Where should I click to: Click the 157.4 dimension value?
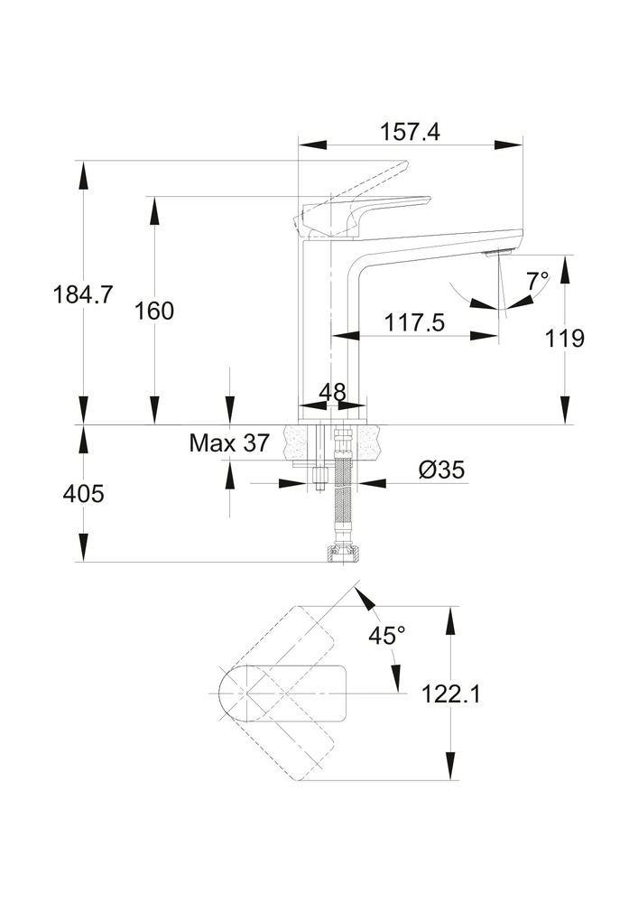410,132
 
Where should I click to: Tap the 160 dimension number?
154,311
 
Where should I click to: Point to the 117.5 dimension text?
414,322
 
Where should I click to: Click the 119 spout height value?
566,338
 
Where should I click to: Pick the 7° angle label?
538,280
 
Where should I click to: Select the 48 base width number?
332,392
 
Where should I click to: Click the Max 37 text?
229,442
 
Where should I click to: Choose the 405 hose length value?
83,494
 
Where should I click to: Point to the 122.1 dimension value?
452,694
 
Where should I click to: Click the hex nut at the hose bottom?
343,553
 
